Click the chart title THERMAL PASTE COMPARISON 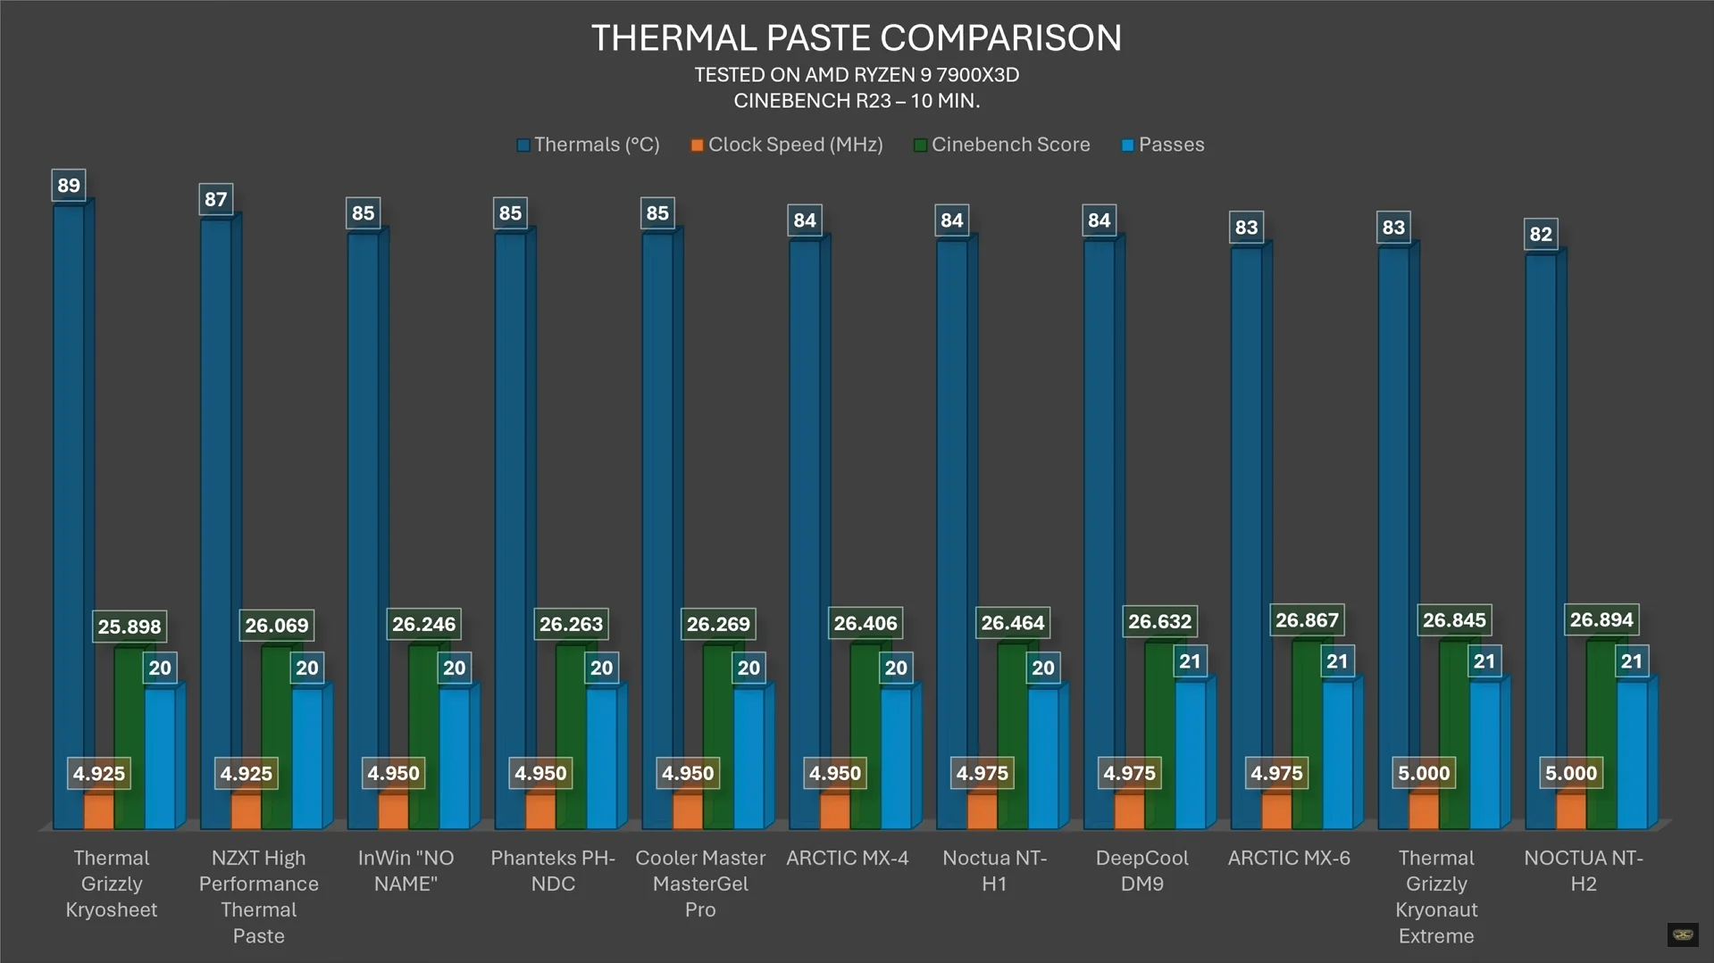[x=856, y=37]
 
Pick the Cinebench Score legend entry [x=1001, y=145]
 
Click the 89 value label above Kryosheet [x=69, y=186]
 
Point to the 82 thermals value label [x=1541, y=234]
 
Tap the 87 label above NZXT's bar [x=215, y=199]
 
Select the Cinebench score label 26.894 [x=1601, y=619]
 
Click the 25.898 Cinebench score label [x=130, y=627]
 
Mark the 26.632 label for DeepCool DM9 [x=1159, y=621]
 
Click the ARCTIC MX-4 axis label [x=847, y=858]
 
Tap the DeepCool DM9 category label [x=1141, y=870]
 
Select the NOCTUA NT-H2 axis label [x=1583, y=870]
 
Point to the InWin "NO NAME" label [x=406, y=870]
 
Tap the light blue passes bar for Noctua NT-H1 [x=1043, y=759]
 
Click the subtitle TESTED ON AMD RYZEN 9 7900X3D [x=856, y=75]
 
